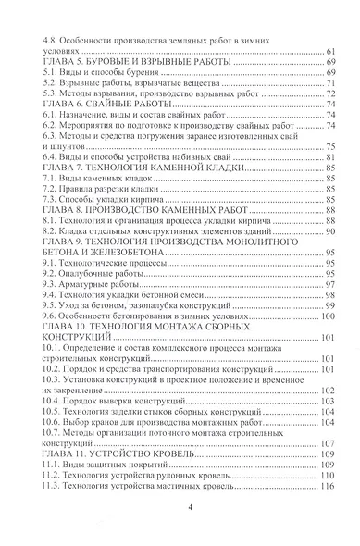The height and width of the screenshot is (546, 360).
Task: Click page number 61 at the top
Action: point(329,55)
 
